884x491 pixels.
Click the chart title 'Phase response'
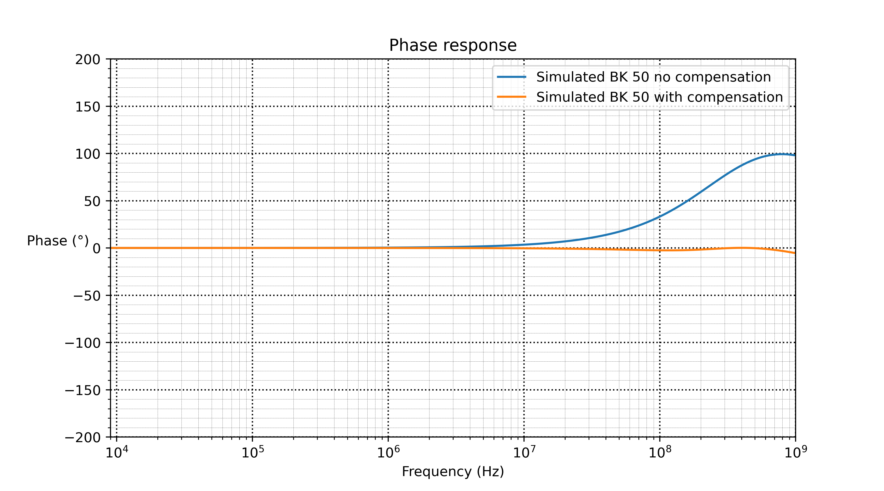pyautogui.click(x=453, y=45)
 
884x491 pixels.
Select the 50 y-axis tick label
pyautogui.click(x=92, y=201)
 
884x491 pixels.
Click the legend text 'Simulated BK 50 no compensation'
pyautogui.click(x=653, y=77)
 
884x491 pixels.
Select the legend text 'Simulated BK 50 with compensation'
pyautogui.click(x=660, y=97)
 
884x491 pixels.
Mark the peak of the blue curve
pyautogui.click(x=782, y=154)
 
